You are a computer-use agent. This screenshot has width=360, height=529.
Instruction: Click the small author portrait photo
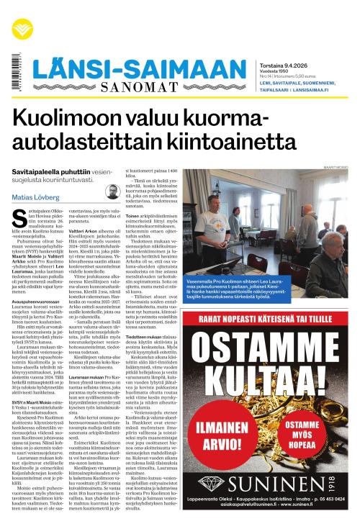coord(112,191)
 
